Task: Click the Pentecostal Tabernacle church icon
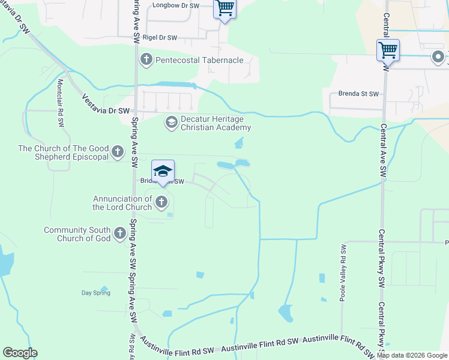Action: (x=146, y=59)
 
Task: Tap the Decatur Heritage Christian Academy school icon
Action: (x=171, y=123)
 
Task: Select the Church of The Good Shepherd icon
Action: (x=117, y=152)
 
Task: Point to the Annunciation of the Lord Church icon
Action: (x=161, y=202)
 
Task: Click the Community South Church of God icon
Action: (x=119, y=234)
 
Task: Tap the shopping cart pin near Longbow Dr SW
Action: (x=224, y=9)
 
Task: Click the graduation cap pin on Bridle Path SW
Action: (x=163, y=172)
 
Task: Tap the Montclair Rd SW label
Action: (x=61, y=103)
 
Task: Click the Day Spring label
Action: (x=96, y=293)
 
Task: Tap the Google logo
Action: (x=20, y=353)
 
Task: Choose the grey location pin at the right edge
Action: (x=438, y=58)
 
